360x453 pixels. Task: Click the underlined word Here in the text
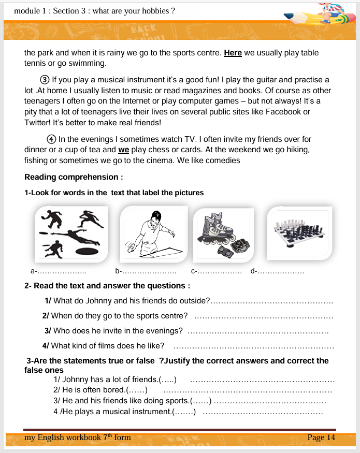coord(233,53)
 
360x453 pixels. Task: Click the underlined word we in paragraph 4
coord(123,150)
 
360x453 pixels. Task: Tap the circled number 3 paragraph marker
coord(45,80)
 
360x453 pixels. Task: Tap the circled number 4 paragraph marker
coord(51,139)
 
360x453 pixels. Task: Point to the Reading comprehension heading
coord(74,177)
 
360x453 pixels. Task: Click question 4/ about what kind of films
coord(108,346)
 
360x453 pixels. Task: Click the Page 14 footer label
coord(321,437)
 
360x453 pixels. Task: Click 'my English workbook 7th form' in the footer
coord(78,437)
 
